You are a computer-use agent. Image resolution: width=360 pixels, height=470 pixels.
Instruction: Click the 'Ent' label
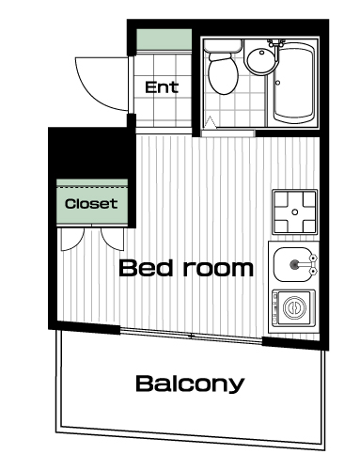pos(162,87)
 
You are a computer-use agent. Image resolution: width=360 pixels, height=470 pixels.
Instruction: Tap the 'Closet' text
pos(91,204)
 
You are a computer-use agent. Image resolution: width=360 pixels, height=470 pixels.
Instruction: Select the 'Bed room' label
pos(186,268)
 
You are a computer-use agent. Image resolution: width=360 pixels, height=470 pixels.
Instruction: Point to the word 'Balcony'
pos(190,384)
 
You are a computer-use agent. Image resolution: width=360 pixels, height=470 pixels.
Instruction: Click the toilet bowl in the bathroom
pos(223,74)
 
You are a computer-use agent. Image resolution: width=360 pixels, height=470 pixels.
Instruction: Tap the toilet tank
pos(223,46)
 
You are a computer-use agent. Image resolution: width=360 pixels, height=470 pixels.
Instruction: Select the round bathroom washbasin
pos(262,61)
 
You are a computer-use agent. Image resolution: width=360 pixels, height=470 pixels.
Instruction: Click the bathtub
pos(293,84)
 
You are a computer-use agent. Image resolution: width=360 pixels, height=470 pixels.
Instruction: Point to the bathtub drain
pos(277,83)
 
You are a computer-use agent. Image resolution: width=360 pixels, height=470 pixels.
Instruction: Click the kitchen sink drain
pos(294,265)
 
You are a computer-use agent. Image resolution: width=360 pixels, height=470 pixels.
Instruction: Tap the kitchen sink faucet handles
pos(312,264)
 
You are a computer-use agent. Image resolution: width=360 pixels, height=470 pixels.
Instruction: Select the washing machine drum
pos(294,307)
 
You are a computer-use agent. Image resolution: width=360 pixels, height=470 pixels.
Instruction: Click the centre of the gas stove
pos(294,212)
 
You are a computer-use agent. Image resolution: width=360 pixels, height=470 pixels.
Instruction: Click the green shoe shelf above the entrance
pos(164,39)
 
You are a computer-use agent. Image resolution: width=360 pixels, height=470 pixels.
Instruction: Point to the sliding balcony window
pos(191,337)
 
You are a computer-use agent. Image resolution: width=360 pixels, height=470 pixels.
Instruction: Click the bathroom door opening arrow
pos(211,122)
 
